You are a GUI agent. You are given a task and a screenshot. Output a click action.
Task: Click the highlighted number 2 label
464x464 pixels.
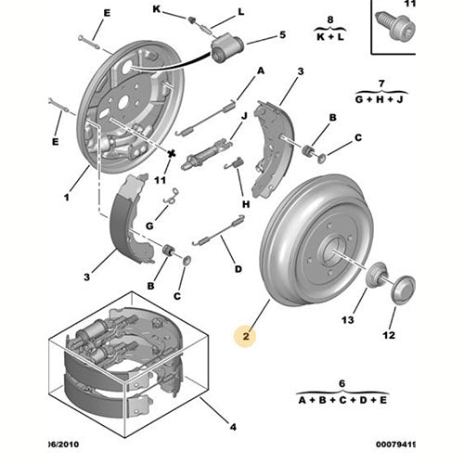pyautogui.click(x=247, y=339)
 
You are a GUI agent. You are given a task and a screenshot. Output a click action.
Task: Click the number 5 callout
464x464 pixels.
pyautogui.click(x=282, y=36)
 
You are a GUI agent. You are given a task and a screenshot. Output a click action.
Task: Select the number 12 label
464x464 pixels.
pyautogui.click(x=390, y=335)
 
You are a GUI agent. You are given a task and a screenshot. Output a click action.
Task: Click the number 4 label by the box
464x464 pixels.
pyautogui.click(x=232, y=427)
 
